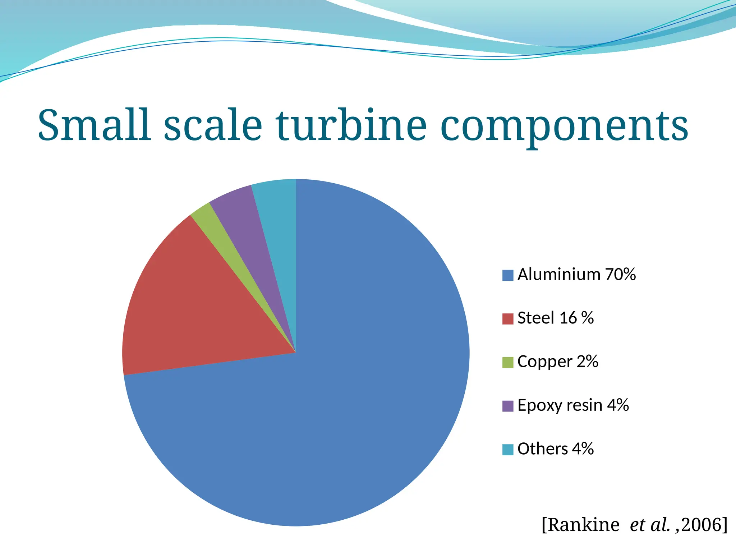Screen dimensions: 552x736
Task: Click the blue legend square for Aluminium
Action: [507, 275]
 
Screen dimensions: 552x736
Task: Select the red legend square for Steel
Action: [507, 319]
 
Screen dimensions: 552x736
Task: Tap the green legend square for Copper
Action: [507, 362]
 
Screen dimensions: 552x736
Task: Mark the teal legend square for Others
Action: [507, 450]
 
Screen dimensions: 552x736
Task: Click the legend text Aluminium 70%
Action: [576, 275]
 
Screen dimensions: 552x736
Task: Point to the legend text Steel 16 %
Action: [555, 318]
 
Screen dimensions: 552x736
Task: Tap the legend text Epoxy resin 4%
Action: [573, 405]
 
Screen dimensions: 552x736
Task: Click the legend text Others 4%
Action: [556, 449]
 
